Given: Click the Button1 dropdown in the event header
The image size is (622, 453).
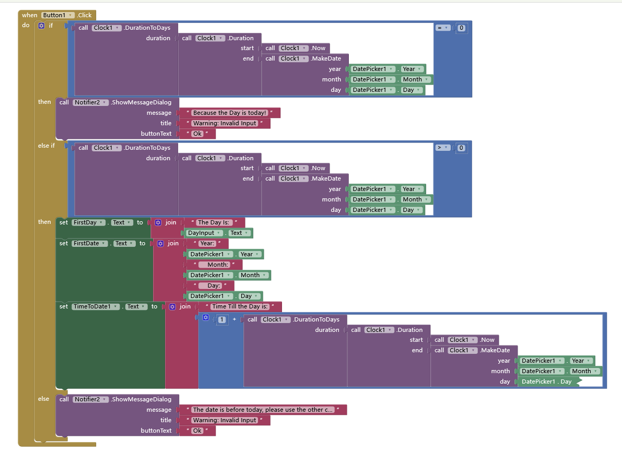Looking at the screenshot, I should (x=57, y=15).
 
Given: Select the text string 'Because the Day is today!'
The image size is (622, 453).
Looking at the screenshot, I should (x=229, y=113).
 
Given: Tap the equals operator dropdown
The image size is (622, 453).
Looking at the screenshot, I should (x=443, y=28).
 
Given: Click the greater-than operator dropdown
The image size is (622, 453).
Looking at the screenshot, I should (x=443, y=148).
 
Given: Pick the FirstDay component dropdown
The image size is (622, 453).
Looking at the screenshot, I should (x=87, y=222).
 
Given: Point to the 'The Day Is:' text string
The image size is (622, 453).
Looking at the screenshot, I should (x=214, y=222).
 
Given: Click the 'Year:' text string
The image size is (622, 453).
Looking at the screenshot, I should (x=207, y=243).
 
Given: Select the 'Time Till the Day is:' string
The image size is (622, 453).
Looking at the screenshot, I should (x=240, y=306).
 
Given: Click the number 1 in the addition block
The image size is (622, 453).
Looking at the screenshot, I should (x=222, y=319).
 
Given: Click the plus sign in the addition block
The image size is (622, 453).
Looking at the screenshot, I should (x=234, y=319).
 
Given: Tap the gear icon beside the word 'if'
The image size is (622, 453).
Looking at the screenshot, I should (x=42, y=26).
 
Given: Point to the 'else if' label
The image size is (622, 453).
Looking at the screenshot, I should (x=46, y=146).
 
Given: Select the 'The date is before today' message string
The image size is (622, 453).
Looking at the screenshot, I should (x=263, y=410).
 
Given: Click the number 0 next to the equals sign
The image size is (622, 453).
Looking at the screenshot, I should (x=461, y=28).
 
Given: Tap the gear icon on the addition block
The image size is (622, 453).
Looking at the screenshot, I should (x=206, y=318).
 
